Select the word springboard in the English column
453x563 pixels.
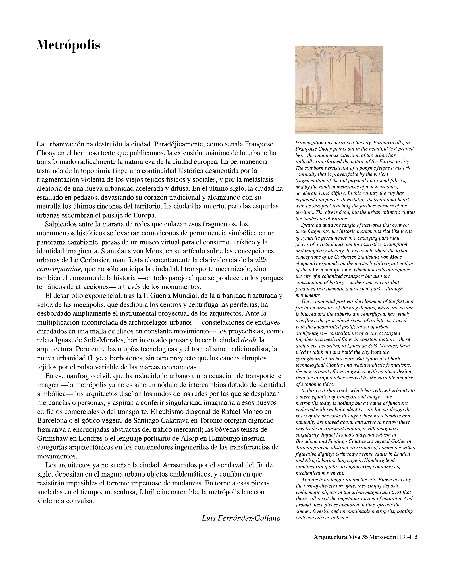[x=308, y=359]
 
